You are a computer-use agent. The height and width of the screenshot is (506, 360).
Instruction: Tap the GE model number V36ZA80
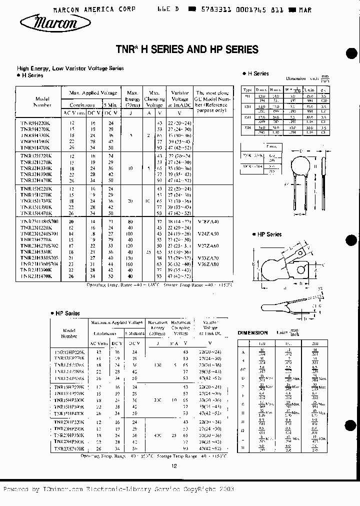coord(208,264)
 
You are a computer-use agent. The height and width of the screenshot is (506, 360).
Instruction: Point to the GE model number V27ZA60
coord(208,245)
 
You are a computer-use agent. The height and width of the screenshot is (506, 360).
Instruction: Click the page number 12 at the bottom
coord(174,466)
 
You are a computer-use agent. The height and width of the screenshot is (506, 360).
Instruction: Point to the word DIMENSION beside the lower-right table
coord(252,332)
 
